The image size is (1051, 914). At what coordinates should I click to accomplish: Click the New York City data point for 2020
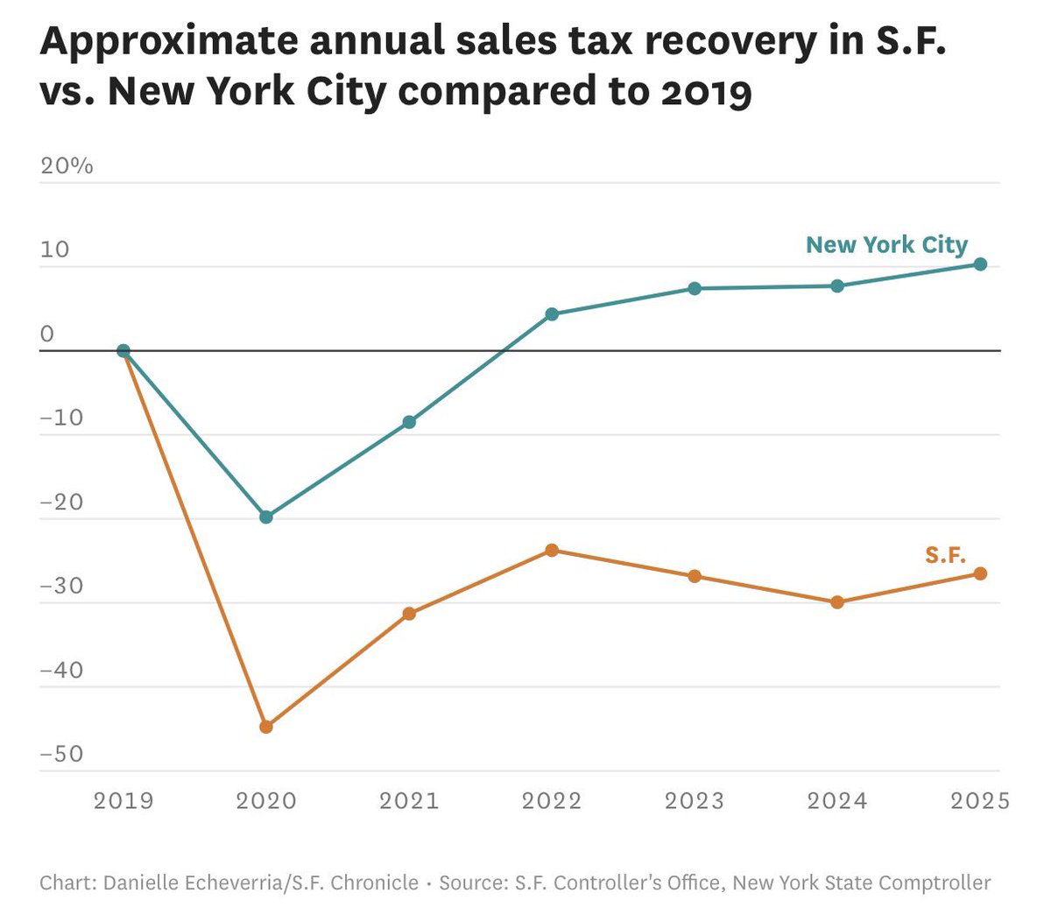pyautogui.click(x=266, y=517)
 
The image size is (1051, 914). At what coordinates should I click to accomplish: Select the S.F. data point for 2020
pyautogui.click(x=266, y=726)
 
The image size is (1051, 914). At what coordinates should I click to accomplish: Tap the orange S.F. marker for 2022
pyautogui.click(x=552, y=550)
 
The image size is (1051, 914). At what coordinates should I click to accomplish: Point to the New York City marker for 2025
pyautogui.click(x=980, y=264)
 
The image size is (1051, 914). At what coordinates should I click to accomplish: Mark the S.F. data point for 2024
pyautogui.click(x=837, y=601)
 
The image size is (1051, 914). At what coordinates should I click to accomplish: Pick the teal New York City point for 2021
pyautogui.click(x=409, y=422)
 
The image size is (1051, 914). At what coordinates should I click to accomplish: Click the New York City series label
pyautogui.click(x=886, y=244)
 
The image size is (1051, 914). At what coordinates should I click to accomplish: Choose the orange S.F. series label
pyautogui.click(x=945, y=554)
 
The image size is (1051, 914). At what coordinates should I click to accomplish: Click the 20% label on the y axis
pyautogui.click(x=67, y=165)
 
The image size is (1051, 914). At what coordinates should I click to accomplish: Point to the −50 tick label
pyautogui.click(x=62, y=754)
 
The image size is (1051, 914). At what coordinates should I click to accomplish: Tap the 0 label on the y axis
pyautogui.click(x=47, y=334)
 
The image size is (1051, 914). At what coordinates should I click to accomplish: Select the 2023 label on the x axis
pyautogui.click(x=695, y=800)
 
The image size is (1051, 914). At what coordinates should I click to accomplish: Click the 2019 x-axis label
pyautogui.click(x=123, y=800)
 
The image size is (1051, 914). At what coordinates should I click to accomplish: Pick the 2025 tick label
pyautogui.click(x=980, y=800)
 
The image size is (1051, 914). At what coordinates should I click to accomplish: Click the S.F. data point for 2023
pyautogui.click(x=695, y=575)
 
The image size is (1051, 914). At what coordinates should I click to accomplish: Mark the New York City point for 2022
pyautogui.click(x=552, y=313)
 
